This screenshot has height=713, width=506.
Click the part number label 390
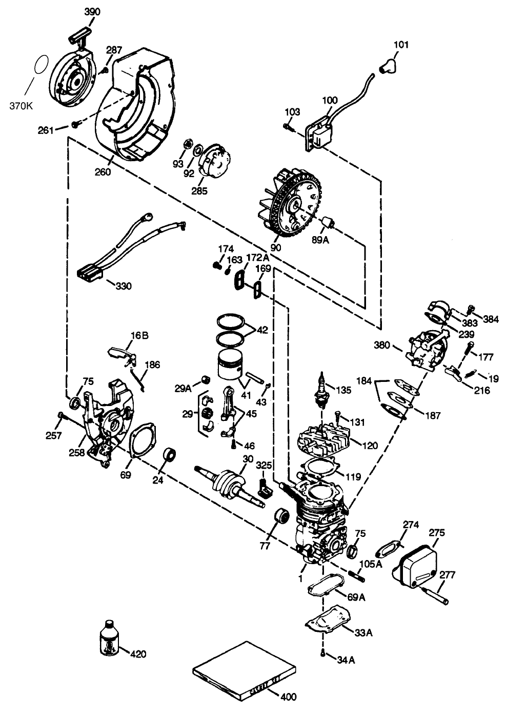92,11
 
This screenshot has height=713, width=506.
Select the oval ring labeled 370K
42,66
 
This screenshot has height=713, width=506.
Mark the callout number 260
103,172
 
